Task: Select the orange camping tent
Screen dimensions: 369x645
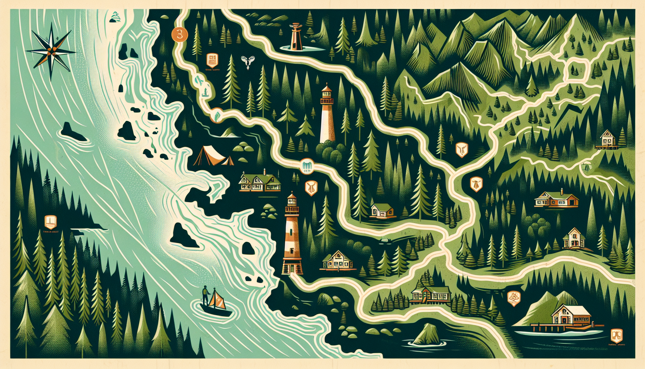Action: [x=213, y=156]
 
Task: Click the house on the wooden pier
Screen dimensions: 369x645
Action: [x=571, y=315]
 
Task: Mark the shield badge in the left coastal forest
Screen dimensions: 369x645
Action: [x=50, y=222]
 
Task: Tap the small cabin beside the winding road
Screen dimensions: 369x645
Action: [x=382, y=211]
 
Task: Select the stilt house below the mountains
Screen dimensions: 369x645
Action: [x=608, y=139]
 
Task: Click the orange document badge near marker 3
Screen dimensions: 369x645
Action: [x=212, y=59]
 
